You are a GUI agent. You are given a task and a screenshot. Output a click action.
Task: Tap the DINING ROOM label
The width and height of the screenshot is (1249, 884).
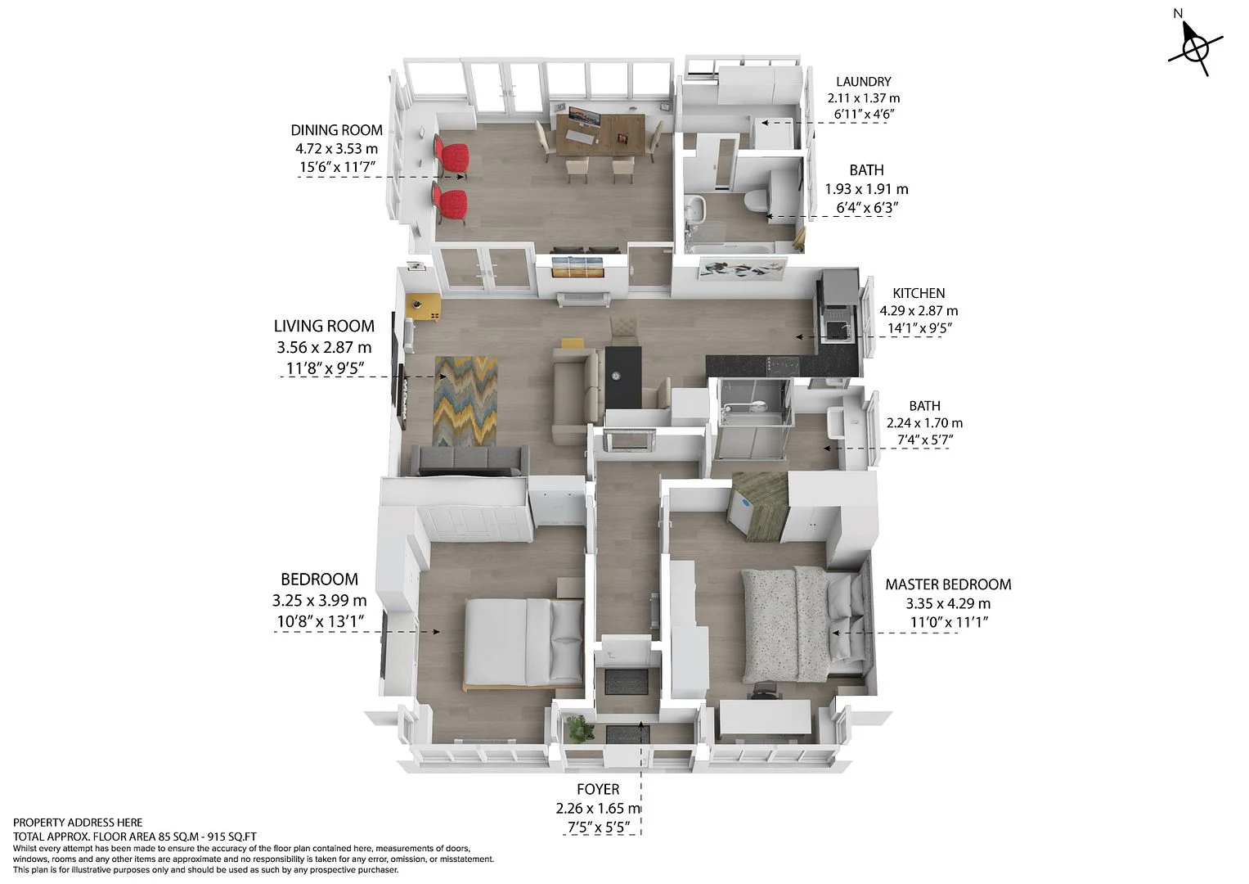point(336,130)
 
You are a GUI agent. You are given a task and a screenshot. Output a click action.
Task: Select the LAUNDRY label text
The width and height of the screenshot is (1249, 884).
point(863,82)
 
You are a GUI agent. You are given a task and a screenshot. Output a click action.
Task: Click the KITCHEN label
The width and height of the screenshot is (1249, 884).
point(919,293)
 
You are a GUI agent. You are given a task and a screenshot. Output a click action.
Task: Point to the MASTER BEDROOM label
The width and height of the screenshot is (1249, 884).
point(948,584)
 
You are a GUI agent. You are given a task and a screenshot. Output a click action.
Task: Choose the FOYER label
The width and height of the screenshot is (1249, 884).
point(598,789)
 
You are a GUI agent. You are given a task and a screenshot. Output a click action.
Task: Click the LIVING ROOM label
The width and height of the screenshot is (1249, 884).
point(324,326)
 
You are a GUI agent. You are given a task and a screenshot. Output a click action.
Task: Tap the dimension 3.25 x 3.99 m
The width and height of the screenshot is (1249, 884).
point(320,601)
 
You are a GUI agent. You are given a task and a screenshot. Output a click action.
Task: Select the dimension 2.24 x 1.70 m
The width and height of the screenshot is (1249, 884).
point(924,423)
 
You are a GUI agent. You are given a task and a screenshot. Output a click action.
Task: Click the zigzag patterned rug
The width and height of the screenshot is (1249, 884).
point(465,401)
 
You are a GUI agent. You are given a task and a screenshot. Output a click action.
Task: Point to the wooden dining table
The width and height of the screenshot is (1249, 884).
point(596,134)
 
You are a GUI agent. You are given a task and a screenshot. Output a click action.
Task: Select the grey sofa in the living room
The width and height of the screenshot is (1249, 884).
point(469,460)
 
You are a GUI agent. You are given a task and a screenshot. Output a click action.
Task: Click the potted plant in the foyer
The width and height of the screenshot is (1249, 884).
point(579,728)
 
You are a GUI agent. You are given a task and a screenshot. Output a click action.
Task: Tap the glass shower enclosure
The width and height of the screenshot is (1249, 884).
point(753,418)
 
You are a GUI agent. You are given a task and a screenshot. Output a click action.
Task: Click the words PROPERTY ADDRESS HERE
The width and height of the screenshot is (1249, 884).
point(78,823)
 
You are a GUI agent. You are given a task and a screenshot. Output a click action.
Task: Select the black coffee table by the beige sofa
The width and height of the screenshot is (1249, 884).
point(623,377)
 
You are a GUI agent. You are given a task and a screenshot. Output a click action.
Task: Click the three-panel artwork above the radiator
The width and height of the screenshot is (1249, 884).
point(577,267)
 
